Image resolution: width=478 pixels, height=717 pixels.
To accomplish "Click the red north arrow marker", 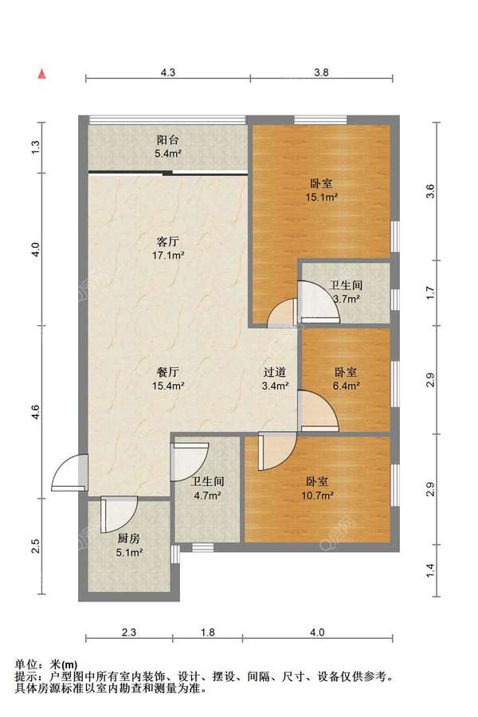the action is [42, 73].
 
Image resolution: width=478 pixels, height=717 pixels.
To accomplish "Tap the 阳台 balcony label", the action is [168, 140].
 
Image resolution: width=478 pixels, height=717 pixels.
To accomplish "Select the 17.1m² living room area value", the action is [168, 255].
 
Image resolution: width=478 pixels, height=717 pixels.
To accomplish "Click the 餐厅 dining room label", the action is [168, 372].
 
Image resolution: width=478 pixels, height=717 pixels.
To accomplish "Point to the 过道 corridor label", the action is [275, 372].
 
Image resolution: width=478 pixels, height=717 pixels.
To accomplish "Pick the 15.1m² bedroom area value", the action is [322, 198].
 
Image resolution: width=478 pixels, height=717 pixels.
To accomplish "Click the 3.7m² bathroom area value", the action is [347, 300].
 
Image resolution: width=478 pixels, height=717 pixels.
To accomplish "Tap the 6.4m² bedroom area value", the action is [346, 386].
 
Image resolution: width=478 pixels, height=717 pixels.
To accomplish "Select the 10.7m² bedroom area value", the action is [317, 496].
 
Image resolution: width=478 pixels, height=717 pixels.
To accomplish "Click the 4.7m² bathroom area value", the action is [208, 496].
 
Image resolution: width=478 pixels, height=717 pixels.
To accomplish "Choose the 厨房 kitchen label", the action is [128, 539].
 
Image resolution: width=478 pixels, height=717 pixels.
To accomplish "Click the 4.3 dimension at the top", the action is [168, 72].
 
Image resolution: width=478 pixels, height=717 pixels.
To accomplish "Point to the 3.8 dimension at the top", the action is [322, 72].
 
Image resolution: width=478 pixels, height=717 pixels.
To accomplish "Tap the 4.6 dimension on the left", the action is [36, 412].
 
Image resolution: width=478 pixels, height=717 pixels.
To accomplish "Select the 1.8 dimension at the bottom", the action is [208, 633].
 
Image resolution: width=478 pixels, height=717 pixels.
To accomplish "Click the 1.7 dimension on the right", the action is [429, 292].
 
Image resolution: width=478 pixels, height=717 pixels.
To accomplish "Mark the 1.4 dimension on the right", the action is [429, 570].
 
